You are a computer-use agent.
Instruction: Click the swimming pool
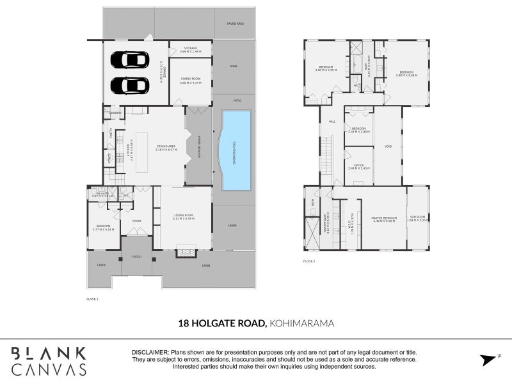click(235, 150)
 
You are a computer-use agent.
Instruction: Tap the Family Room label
click(191, 81)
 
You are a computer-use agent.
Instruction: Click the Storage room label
click(191, 49)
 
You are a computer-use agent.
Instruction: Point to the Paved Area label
click(236, 23)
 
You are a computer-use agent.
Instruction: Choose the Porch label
click(136, 257)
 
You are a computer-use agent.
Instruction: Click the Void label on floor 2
click(388, 147)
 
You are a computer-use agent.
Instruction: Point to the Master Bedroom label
click(384, 218)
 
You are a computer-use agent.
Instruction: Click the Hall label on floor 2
click(332, 121)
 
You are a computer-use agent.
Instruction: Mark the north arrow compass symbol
click(489, 358)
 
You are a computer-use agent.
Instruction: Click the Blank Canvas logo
click(49, 361)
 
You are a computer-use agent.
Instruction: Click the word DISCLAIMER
click(150, 353)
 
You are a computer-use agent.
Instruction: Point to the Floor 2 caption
click(310, 261)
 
